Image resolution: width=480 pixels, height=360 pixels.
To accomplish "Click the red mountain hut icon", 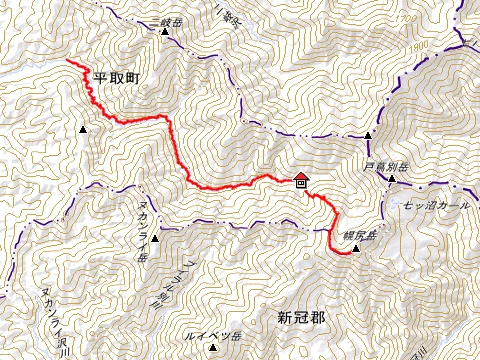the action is click(300, 180).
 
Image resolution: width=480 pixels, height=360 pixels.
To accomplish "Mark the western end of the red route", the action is click(69, 62).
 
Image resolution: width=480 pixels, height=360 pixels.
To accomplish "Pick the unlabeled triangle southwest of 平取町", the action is click(82, 129).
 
